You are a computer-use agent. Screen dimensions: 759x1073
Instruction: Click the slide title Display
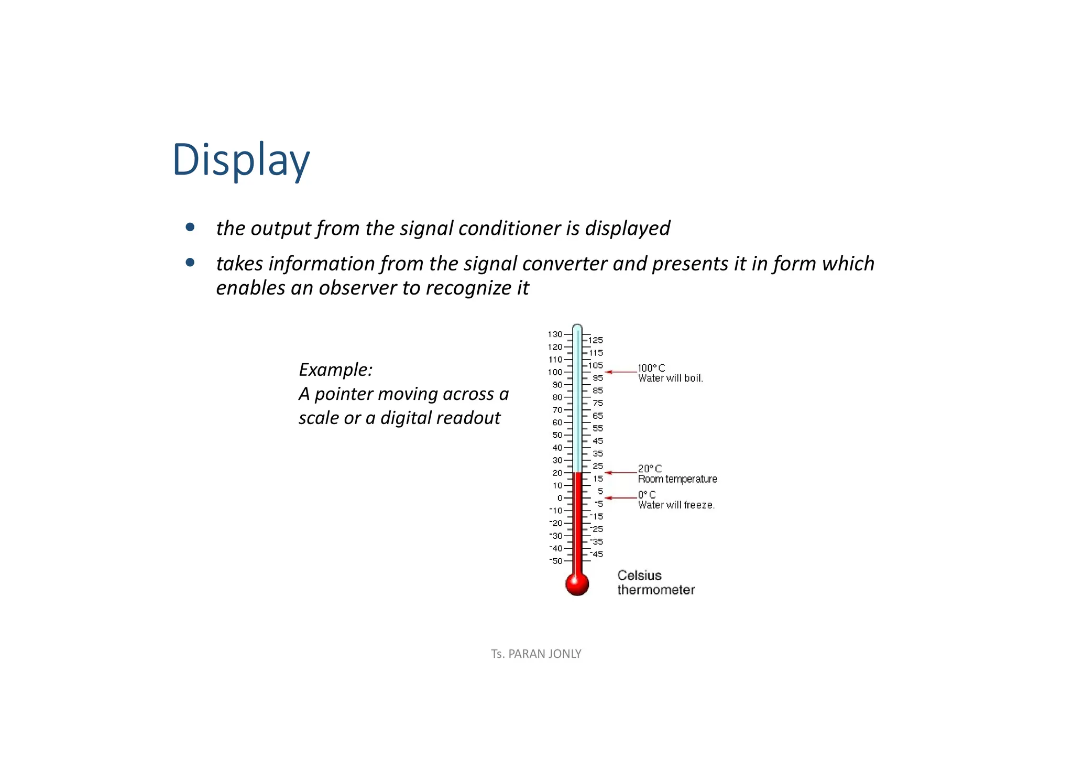tap(241, 160)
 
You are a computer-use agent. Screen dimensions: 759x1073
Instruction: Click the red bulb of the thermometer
tap(577, 583)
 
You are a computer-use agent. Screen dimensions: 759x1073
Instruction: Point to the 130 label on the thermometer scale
tap(555, 334)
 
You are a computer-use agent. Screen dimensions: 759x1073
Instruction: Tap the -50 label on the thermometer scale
tap(555, 561)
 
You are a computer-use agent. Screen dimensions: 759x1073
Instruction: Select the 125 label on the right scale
tap(596, 340)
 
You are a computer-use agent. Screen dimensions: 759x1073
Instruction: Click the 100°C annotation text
tap(651, 368)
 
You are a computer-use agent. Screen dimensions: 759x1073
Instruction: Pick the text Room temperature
tap(677, 479)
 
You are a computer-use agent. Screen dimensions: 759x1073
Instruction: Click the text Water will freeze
tap(676, 505)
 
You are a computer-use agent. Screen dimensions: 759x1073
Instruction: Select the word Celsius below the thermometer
tap(639, 576)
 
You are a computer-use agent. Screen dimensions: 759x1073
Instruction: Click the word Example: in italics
tap(335, 370)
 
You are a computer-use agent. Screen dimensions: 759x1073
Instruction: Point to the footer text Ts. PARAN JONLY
tap(536, 654)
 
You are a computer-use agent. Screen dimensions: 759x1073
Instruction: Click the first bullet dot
tap(190, 227)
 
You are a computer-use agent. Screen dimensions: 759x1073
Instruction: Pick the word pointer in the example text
tap(344, 394)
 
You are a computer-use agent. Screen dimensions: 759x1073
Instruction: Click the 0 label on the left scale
tap(560, 498)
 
